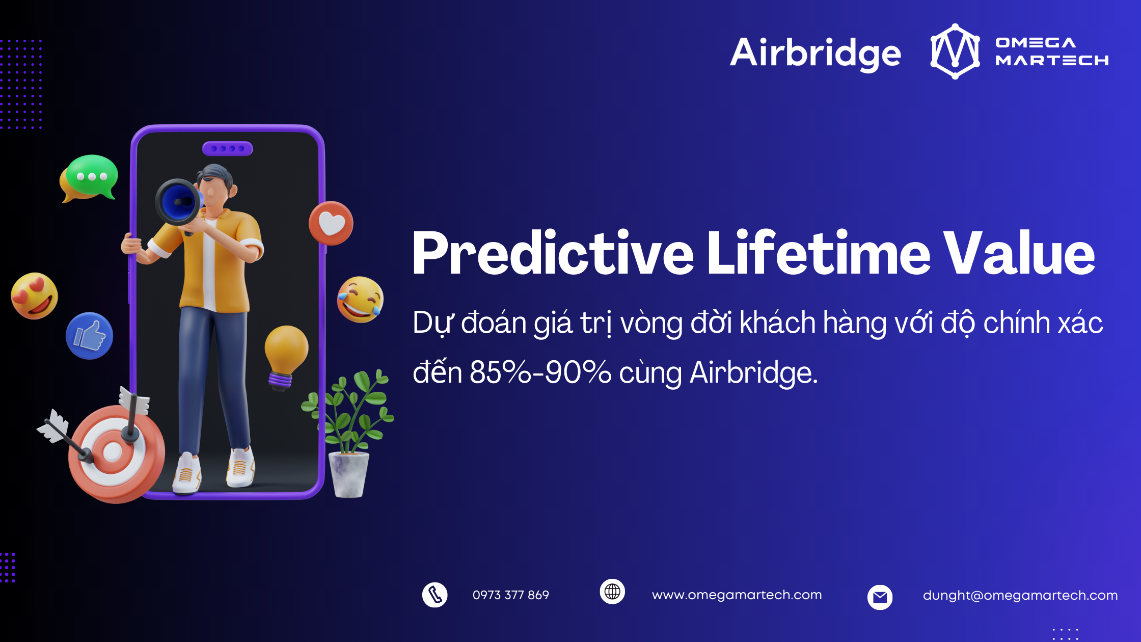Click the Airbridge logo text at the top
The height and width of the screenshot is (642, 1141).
pos(816,53)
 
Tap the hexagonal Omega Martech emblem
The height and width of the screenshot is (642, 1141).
pos(955,51)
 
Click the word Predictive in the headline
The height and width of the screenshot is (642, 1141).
pos(553,253)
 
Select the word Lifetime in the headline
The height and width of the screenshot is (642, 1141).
pos(819,253)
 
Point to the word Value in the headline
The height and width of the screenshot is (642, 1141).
pos(1019,253)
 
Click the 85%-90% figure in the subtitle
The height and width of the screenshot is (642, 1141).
pos(540,372)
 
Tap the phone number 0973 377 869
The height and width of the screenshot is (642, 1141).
pos(510,595)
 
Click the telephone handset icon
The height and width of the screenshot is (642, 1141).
pos(435,595)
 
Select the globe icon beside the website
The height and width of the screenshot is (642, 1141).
pos(612,592)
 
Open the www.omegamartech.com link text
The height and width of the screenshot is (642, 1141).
pos(737,595)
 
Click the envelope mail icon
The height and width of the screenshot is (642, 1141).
pos(880,597)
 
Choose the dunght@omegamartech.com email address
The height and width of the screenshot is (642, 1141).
pos(1020,595)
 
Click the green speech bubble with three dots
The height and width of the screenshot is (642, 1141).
pos(92,176)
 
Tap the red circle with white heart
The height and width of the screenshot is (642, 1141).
pos(331,223)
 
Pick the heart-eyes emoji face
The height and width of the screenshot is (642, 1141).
pos(35,296)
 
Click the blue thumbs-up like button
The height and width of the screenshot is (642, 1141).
pos(90,336)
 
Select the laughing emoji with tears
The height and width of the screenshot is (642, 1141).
pos(360,300)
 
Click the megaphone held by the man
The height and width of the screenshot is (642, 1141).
pos(178,202)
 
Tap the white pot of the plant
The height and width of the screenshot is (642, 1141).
pos(349,474)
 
